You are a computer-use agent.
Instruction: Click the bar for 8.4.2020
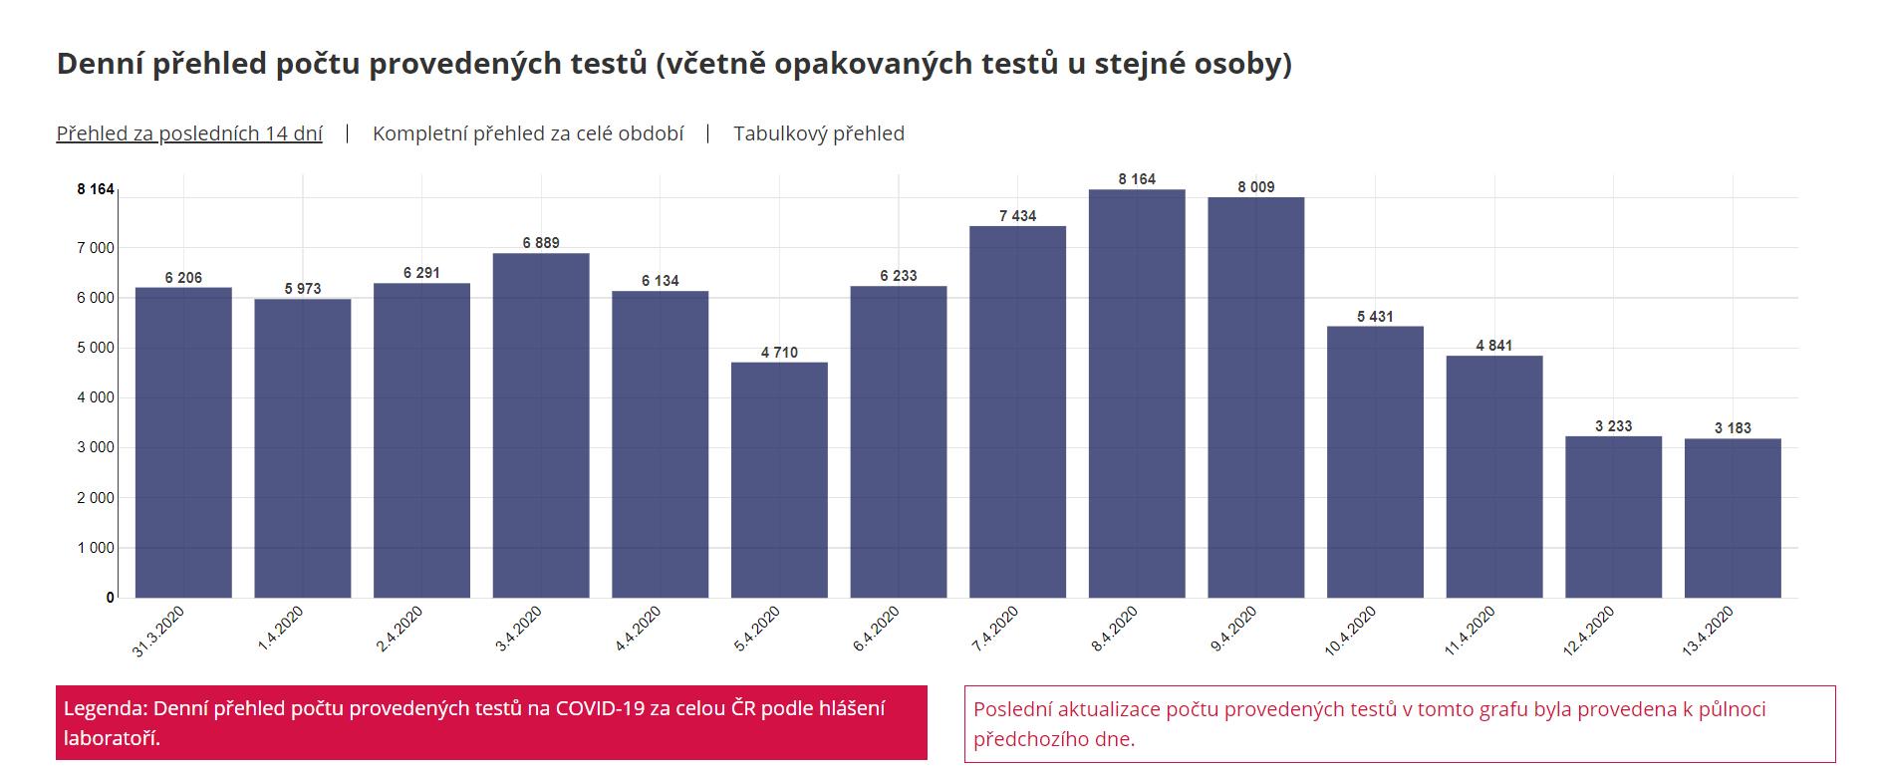(1137, 393)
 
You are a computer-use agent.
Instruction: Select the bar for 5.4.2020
(779, 480)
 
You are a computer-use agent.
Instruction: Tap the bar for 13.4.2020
(1733, 518)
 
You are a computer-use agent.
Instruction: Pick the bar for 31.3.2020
(183, 442)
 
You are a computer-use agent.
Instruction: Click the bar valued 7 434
(1017, 411)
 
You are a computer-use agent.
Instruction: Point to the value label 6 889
(541, 243)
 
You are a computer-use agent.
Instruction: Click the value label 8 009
(1255, 187)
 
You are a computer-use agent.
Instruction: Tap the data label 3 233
(1613, 426)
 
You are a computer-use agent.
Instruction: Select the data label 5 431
(1375, 317)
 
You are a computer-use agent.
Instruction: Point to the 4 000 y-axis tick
(96, 397)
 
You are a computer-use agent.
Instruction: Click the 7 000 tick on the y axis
(96, 247)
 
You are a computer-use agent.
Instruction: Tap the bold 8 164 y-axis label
(96, 189)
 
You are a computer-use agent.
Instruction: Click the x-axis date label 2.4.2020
(400, 630)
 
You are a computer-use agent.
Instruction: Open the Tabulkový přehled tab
(819, 133)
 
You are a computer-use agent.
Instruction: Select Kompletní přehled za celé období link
(528, 133)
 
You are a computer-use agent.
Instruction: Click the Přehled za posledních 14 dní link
(189, 133)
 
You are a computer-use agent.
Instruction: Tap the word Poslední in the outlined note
(1014, 709)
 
